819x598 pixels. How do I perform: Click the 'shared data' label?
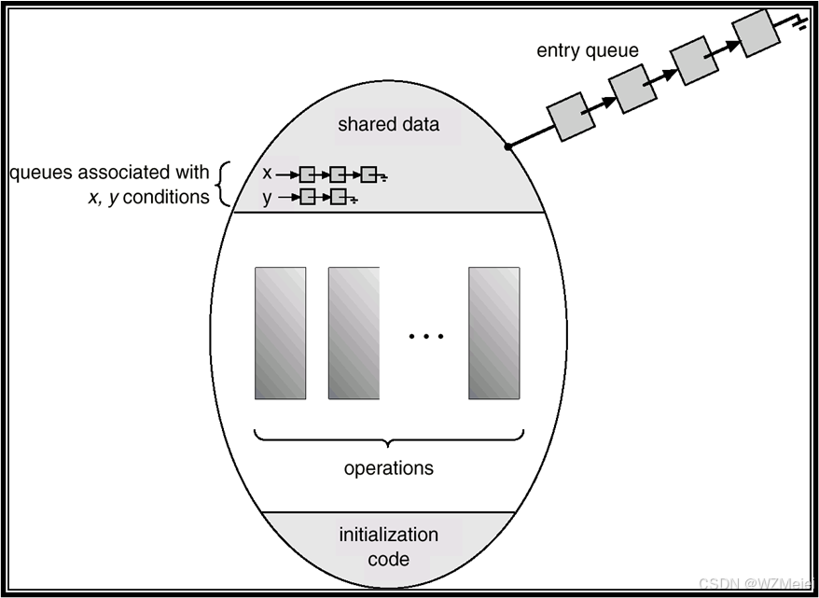pyautogui.click(x=388, y=124)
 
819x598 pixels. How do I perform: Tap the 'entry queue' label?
pyautogui.click(x=588, y=50)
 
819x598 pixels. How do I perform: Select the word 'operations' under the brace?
pyautogui.click(x=388, y=467)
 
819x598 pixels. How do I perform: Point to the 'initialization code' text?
pyautogui.click(x=388, y=547)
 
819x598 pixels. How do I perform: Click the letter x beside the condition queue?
pyautogui.click(x=268, y=174)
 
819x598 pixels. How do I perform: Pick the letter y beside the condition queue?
pyautogui.click(x=268, y=196)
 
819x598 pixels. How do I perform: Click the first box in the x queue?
pyautogui.click(x=307, y=174)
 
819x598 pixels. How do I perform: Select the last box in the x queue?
pyautogui.click(x=368, y=174)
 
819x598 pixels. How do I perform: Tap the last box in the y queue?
pyautogui.click(x=339, y=197)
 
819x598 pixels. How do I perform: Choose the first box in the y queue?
pyautogui.click(x=308, y=197)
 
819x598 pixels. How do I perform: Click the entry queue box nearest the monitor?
pyautogui.click(x=571, y=117)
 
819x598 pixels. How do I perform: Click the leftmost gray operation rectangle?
pyautogui.click(x=280, y=333)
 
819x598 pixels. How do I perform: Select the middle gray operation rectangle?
pyautogui.click(x=354, y=333)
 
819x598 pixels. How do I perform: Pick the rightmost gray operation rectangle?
pyautogui.click(x=493, y=333)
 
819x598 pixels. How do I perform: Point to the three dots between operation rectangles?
pyautogui.click(x=425, y=336)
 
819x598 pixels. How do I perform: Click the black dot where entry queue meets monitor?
pyautogui.click(x=507, y=146)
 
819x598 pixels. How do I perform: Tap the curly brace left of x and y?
pyautogui.click(x=222, y=184)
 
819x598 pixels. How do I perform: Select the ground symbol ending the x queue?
pyautogui.click(x=383, y=176)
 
